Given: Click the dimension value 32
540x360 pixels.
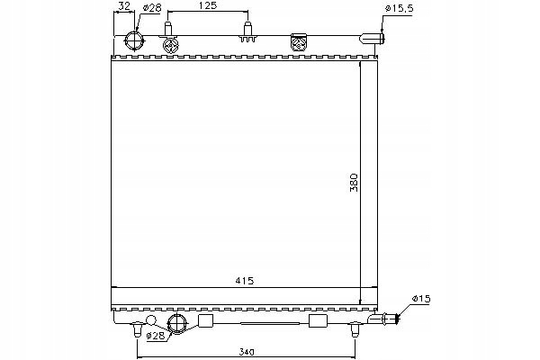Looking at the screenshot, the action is click(x=124, y=5).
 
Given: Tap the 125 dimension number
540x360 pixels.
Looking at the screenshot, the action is click(x=208, y=5).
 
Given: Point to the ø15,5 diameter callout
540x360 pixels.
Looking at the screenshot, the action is click(x=399, y=9).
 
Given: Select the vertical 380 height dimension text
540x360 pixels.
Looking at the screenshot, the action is click(x=354, y=183).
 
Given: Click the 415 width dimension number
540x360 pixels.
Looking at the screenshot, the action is click(x=244, y=281).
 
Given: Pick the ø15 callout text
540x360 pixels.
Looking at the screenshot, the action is click(x=421, y=298).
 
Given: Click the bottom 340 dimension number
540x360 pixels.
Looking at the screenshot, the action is click(x=247, y=352).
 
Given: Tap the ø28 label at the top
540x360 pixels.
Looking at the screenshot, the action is click(x=151, y=8).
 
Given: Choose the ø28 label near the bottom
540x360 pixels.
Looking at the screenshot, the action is click(x=156, y=336).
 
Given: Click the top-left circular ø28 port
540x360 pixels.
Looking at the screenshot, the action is click(x=134, y=41).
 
